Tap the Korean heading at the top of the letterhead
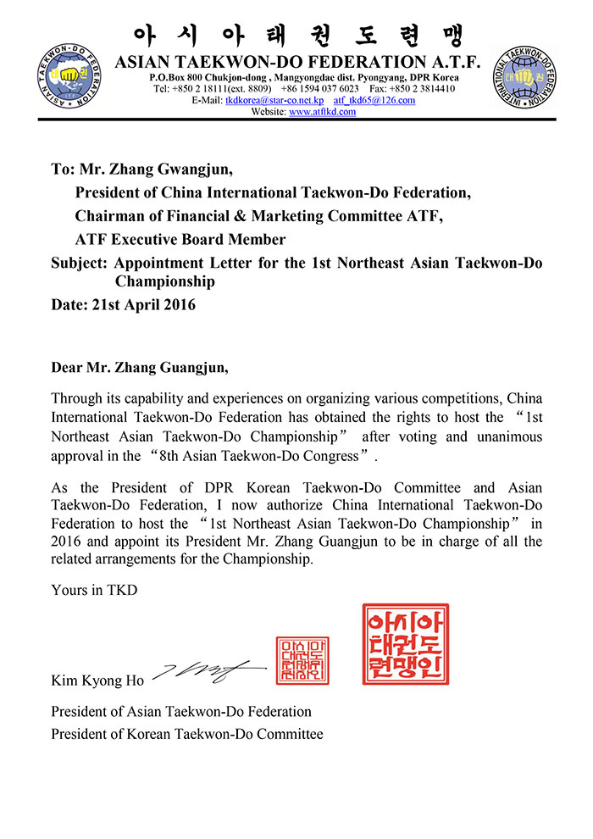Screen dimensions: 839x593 296,36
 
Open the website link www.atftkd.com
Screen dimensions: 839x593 322,112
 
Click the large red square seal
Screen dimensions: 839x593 406,644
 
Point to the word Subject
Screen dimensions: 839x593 79,263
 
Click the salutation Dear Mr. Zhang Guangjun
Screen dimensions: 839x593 140,369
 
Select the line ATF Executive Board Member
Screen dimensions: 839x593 180,240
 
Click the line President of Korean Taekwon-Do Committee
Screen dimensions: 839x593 186,734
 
